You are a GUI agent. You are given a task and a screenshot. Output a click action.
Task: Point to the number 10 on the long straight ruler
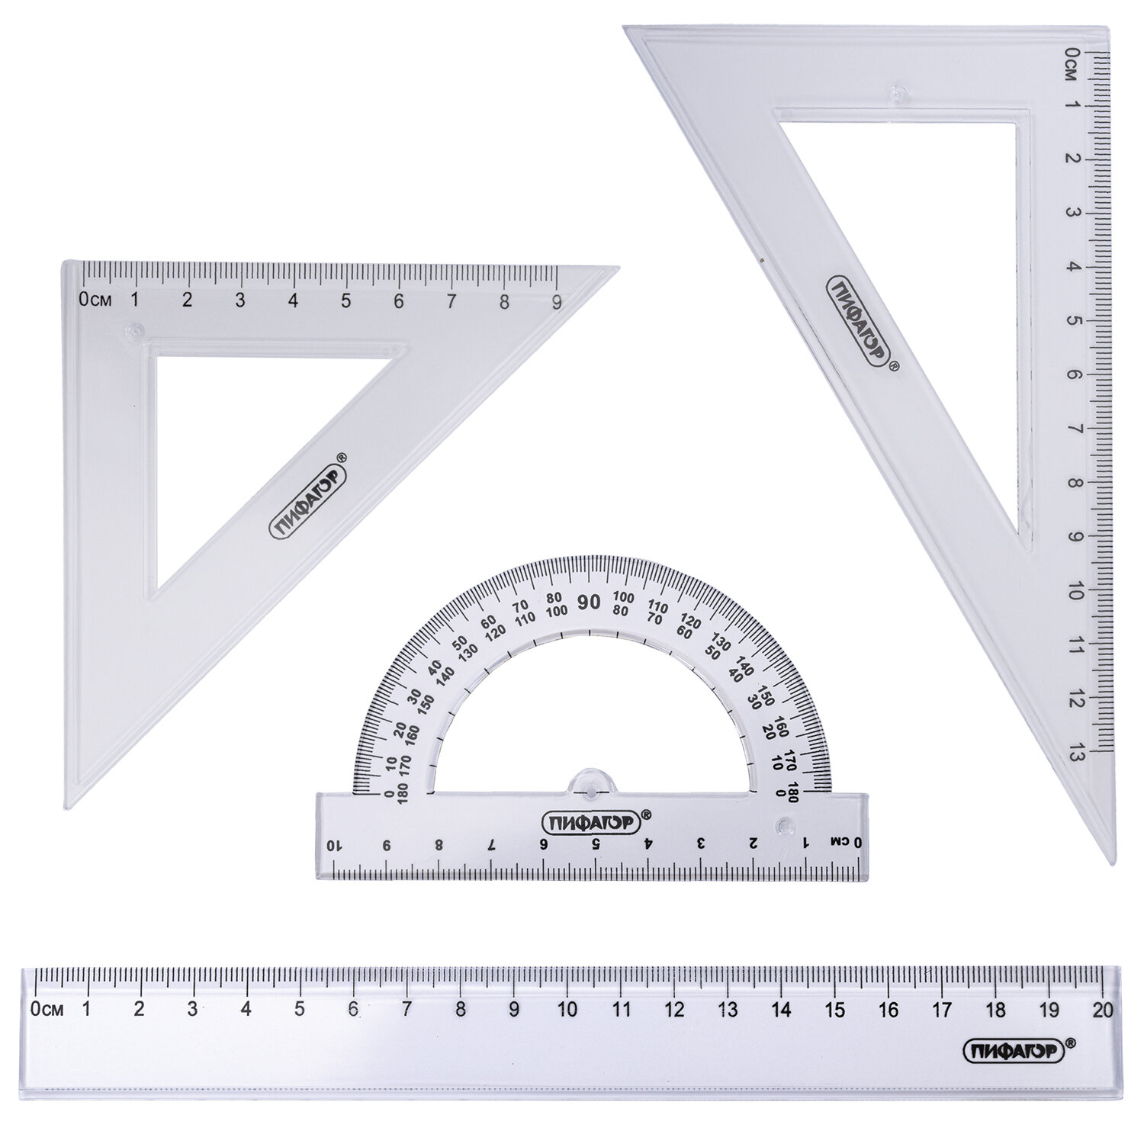[x=567, y=1009]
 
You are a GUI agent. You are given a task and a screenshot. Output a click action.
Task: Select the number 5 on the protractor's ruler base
[x=596, y=844]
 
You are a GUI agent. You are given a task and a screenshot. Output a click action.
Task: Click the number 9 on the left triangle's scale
[x=557, y=300]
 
